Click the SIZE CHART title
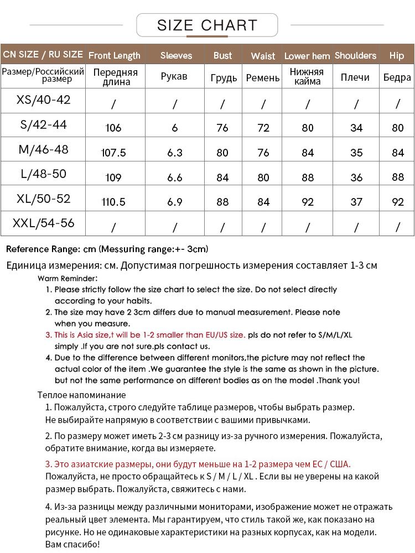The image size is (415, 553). coord(207,25)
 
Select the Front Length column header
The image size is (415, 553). coord(115,55)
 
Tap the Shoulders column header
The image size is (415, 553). coord(355,55)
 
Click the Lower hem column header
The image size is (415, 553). coord(307,56)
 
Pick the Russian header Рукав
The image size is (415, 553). coord(174,77)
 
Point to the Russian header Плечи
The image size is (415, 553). coord(355,77)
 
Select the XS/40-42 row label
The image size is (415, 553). coord(44,100)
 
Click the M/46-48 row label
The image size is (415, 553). coord(44,149)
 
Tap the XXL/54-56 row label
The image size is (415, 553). coord(44,223)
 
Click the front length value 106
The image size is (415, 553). coord(113,128)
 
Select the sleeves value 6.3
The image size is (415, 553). coord(175,153)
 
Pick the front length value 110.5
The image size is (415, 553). coord(113,202)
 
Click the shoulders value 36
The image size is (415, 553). coord(356,178)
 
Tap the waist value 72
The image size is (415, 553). coord(263,128)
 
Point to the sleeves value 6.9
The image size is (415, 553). coord(175,202)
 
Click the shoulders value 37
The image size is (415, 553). coord(356,202)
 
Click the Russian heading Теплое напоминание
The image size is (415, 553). coord(82,395)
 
